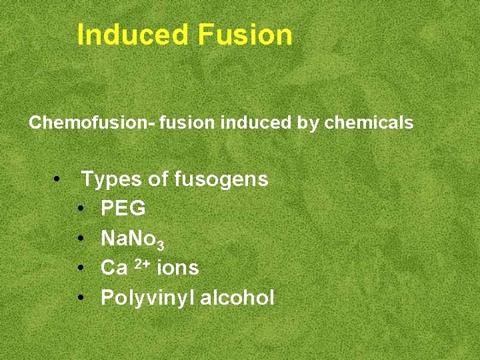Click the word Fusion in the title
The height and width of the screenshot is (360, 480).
[x=245, y=35]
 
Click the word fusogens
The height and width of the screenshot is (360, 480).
[x=221, y=179]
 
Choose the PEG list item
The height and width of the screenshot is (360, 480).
[x=123, y=209]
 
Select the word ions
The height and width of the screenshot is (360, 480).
[x=177, y=268]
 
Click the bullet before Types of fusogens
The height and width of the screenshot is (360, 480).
[x=58, y=179]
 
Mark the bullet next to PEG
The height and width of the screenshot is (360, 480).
[x=80, y=209]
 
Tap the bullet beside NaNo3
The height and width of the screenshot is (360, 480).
[x=80, y=239]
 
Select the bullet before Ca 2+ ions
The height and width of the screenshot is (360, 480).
[x=80, y=268]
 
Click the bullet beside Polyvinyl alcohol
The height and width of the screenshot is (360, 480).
[x=80, y=297]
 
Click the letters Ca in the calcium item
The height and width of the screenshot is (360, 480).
[x=113, y=268]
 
